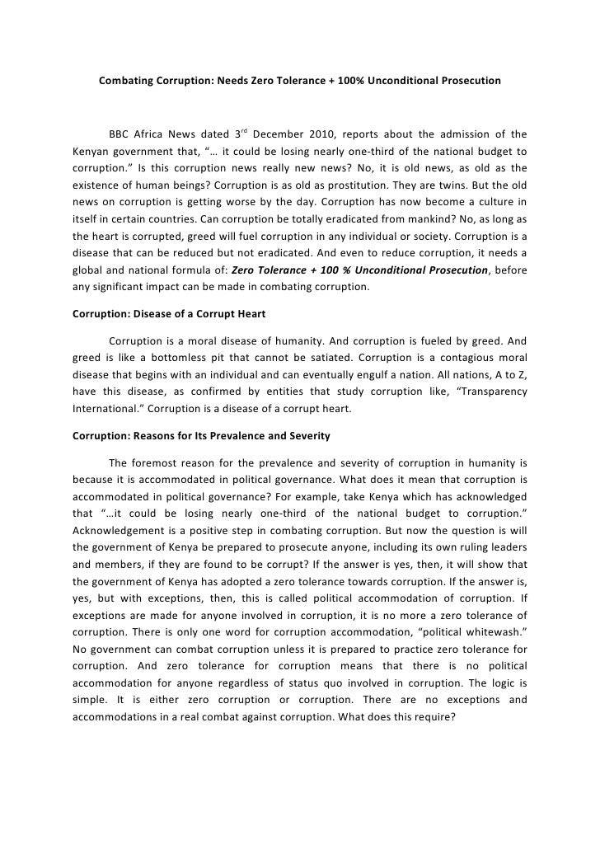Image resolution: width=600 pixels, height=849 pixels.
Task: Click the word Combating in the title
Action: (125, 82)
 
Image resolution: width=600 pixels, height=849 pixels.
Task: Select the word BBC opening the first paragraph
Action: (120, 135)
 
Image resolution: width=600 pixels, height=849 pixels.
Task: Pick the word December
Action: (280, 135)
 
